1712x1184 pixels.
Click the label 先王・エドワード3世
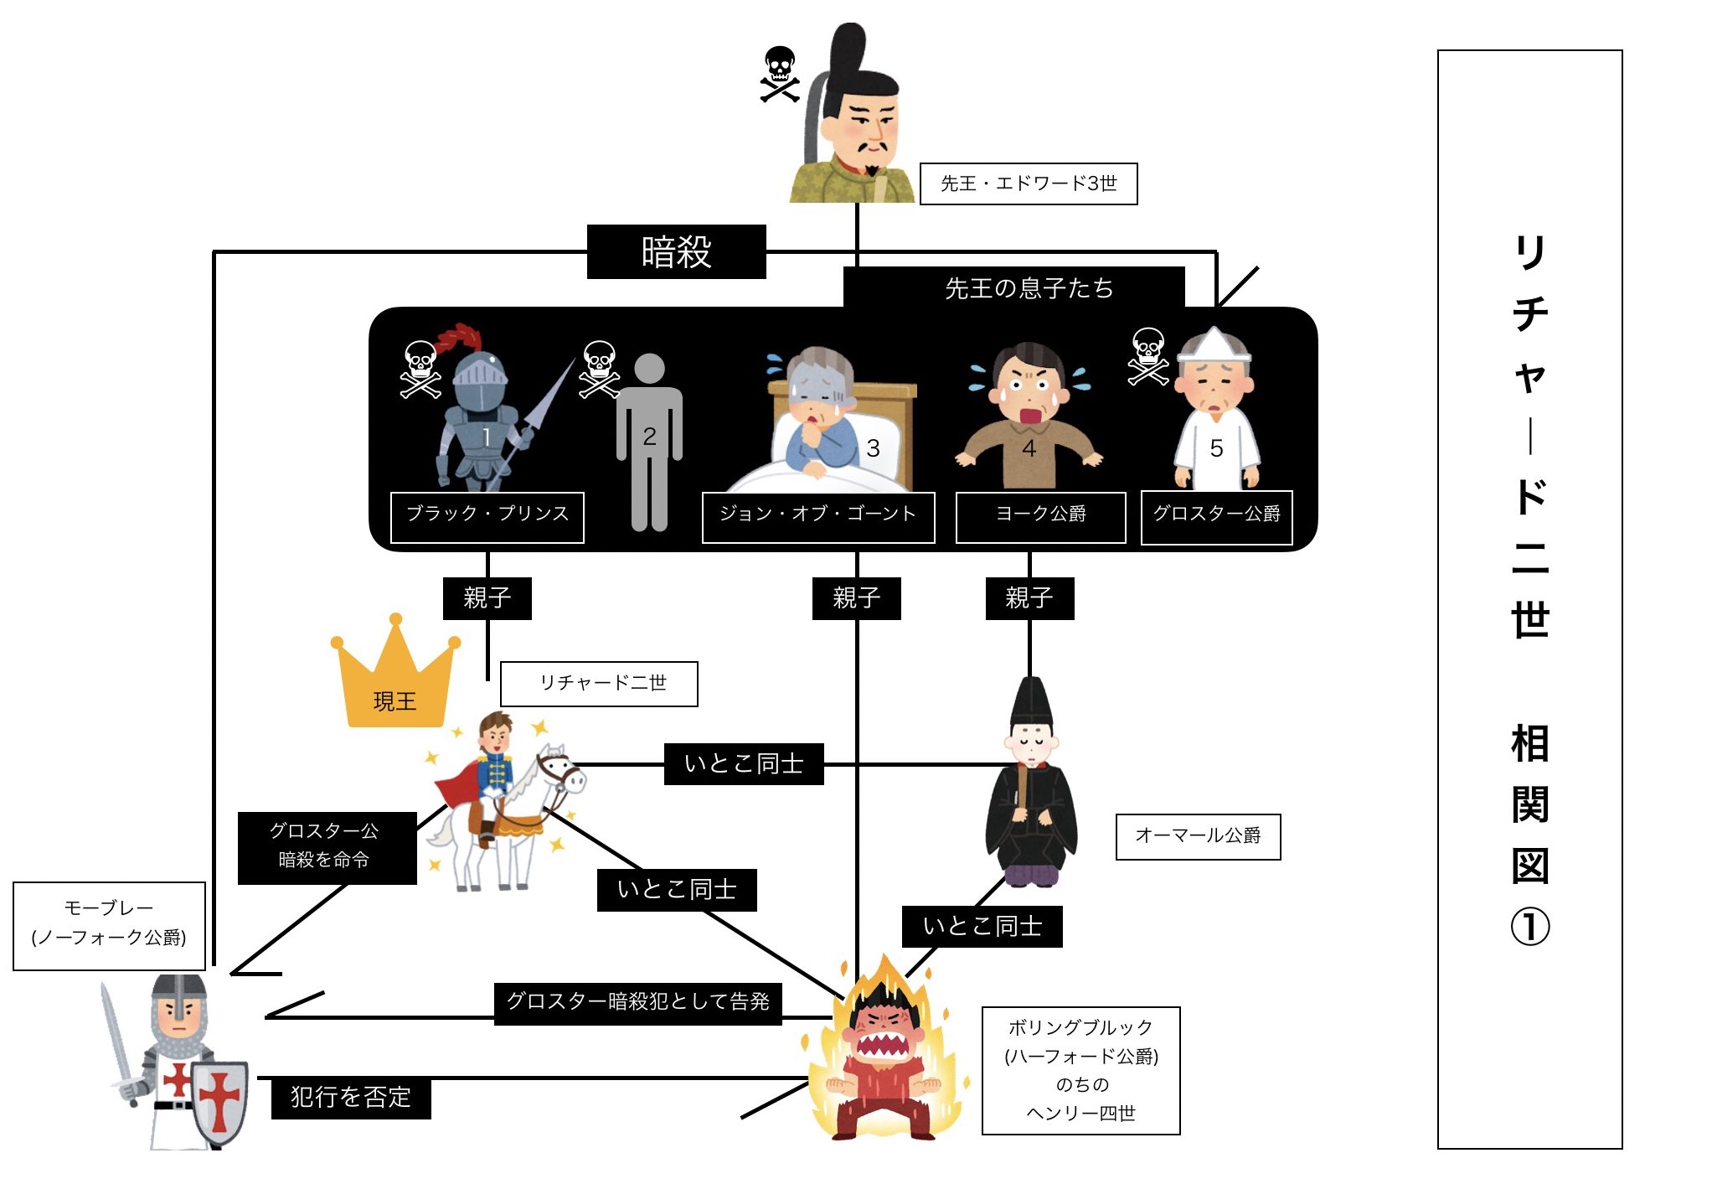(1028, 184)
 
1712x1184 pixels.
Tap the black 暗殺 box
(676, 251)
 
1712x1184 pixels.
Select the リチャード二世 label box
(599, 684)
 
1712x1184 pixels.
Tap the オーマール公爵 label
(1198, 836)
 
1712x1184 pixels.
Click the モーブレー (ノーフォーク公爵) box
(109, 925)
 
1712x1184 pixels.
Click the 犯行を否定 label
(351, 1098)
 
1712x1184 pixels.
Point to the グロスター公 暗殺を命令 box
(327, 847)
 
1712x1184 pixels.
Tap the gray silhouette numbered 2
(649, 440)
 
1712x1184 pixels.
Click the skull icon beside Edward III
(780, 74)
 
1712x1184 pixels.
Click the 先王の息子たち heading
(1029, 288)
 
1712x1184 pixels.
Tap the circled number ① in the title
(1529, 927)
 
